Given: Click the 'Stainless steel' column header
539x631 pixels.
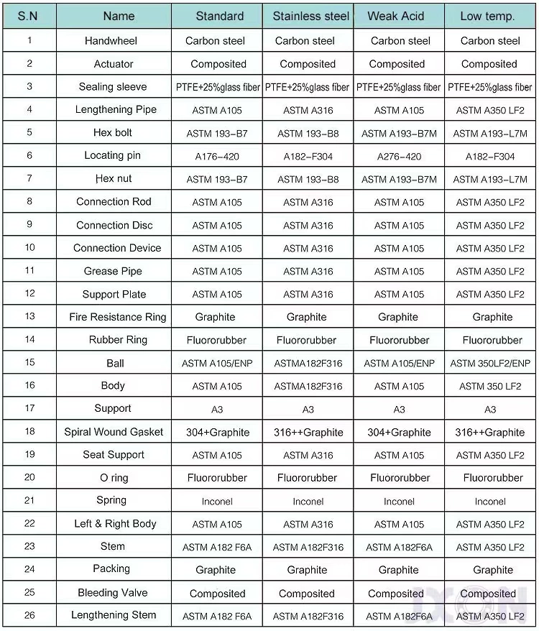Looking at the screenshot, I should (310, 16).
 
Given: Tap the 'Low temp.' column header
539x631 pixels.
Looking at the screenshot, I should (489, 16).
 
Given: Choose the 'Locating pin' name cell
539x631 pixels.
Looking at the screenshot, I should (112, 156).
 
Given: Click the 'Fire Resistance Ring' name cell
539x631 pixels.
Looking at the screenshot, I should (117, 317).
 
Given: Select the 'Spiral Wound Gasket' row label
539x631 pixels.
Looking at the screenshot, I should (114, 432).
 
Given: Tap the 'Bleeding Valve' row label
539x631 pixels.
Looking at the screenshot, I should (113, 593).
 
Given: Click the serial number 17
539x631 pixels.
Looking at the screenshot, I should (29, 409).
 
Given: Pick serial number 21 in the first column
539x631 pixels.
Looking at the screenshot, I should (29, 501).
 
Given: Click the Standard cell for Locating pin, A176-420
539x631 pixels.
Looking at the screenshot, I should (217, 157).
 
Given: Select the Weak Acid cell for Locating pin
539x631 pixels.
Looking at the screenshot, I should (399, 157).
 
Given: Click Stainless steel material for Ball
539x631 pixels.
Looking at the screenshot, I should (308, 364).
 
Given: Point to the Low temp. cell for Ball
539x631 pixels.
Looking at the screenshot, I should (490, 364).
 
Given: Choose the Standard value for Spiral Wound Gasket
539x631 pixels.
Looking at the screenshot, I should (217, 433).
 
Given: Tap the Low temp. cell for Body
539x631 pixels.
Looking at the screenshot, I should (490, 387).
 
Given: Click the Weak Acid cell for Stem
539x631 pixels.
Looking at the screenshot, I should (399, 548).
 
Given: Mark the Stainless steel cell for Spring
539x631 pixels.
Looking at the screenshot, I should (308, 502).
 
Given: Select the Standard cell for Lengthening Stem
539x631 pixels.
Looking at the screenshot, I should (217, 617).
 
